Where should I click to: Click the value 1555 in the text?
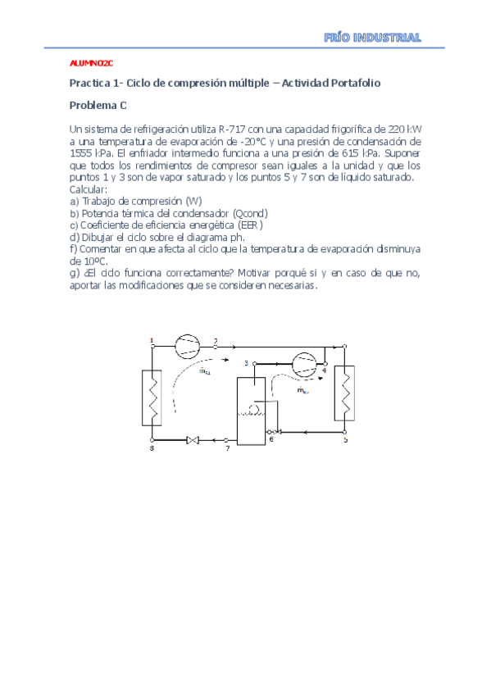(83, 152)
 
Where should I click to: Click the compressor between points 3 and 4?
(302, 363)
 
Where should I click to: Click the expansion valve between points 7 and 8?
(193, 441)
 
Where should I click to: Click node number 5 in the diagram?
(345, 440)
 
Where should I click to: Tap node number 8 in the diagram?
(152, 448)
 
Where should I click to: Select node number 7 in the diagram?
(227, 449)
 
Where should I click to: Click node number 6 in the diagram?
(271, 440)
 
